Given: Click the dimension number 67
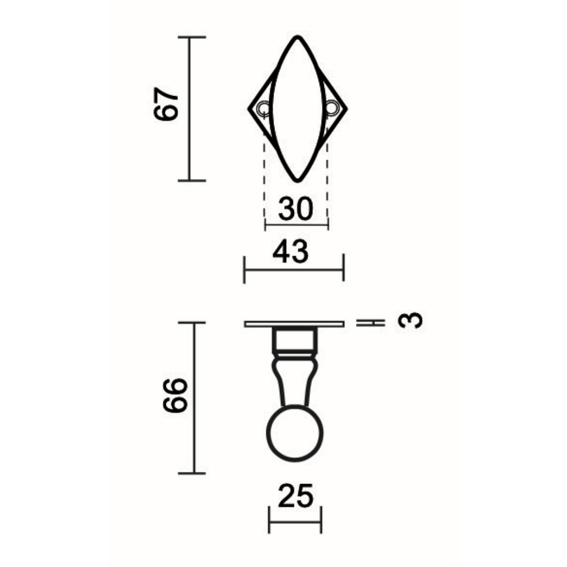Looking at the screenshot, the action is coord(166,103).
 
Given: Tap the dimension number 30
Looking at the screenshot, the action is coord(296,208).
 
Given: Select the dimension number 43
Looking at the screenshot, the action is coord(290,251).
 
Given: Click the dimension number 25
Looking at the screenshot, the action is coord(296,496).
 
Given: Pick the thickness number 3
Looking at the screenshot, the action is coord(410,320).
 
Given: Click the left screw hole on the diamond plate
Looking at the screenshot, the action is coord(263,108).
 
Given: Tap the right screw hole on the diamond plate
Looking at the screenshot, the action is coord(331,108).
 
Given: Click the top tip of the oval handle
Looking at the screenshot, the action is coord(297,37).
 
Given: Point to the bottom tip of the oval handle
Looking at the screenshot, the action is coord(297,180).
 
